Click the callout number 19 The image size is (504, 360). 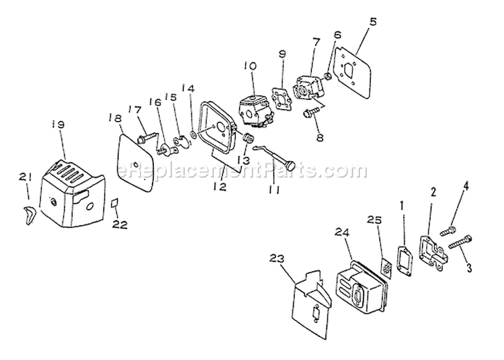click(x=59, y=124)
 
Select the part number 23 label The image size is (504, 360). click(x=277, y=259)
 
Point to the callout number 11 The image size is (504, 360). click(x=274, y=190)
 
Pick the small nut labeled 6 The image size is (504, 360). click(x=328, y=77)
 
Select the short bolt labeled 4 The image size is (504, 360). click(x=448, y=230)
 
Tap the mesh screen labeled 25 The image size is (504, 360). click(x=386, y=266)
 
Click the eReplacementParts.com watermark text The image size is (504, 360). click(x=243, y=169)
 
